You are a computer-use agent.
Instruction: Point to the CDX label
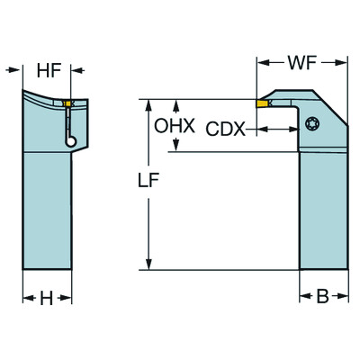pyautogui.click(x=225, y=129)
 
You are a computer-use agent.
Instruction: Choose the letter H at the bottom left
pyautogui.click(x=46, y=299)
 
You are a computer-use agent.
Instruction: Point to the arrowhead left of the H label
pyautogui.click(x=25, y=299)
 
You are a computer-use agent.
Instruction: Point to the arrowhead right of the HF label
pyautogui.click(x=76, y=69)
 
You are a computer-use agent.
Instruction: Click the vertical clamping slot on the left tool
pyautogui.click(x=67, y=125)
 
